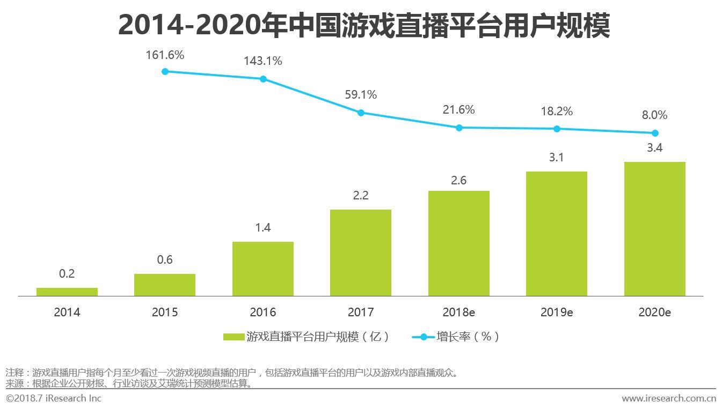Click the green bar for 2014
click(x=67, y=292)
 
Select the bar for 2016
click(x=263, y=269)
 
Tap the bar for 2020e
click(x=654, y=229)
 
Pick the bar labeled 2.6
click(x=459, y=243)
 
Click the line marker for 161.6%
click(x=165, y=71)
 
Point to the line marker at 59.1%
click(x=361, y=113)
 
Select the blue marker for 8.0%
click(x=655, y=133)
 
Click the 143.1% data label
click(x=262, y=61)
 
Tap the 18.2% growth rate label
click(x=557, y=111)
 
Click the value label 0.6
click(x=165, y=260)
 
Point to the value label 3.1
click(x=557, y=158)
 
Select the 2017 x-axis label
click(x=361, y=312)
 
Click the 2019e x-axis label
click(x=557, y=312)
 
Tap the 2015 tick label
click(x=165, y=312)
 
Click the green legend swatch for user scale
click(x=234, y=337)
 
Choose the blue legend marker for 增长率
click(x=424, y=337)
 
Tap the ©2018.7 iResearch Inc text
click(x=54, y=398)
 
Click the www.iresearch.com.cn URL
click(x=669, y=398)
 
